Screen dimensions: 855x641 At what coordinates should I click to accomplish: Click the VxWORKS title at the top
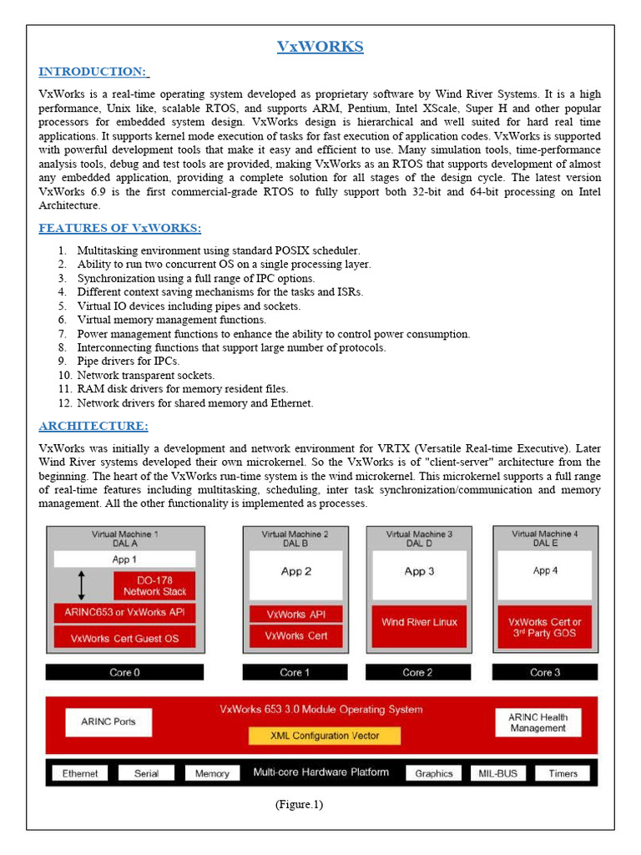click(x=320, y=47)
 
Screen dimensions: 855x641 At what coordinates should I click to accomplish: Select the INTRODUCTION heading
click(x=93, y=72)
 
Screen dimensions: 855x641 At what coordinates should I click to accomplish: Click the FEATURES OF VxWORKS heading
click(x=120, y=229)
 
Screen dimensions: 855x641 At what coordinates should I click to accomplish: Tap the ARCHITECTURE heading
click(x=93, y=427)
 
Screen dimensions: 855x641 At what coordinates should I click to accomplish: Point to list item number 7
click(x=273, y=334)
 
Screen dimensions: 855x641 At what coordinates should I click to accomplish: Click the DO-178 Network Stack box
click(x=154, y=585)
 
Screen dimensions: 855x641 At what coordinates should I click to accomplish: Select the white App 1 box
click(x=124, y=559)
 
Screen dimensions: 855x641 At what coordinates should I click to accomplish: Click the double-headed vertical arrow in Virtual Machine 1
click(x=81, y=585)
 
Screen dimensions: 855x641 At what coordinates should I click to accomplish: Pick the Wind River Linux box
click(x=419, y=623)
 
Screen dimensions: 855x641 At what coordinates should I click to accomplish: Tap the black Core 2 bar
click(x=419, y=672)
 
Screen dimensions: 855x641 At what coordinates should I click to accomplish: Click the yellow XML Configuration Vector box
click(x=325, y=736)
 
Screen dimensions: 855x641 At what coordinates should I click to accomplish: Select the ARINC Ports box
click(x=108, y=721)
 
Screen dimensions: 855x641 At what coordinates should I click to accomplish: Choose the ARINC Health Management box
click(x=538, y=722)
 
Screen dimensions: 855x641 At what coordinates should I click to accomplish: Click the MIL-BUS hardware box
click(x=497, y=773)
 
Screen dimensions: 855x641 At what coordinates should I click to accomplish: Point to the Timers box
click(x=563, y=773)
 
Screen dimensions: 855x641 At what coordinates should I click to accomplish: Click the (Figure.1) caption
click(x=298, y=805)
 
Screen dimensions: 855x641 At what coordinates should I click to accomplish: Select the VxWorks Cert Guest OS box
click(x=124, y=638)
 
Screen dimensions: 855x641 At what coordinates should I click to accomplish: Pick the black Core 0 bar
click(x=124, y=672)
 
